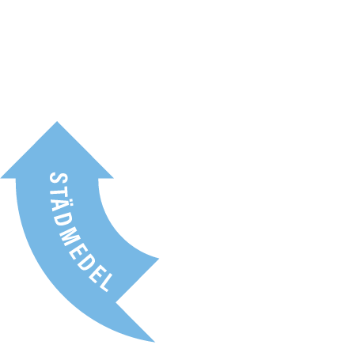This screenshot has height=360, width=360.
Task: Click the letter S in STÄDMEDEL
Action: [59, 177]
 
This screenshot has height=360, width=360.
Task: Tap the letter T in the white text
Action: [59, 190]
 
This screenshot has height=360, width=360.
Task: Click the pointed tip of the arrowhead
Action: [57, 121]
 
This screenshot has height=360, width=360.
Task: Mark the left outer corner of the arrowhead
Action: [1, 178]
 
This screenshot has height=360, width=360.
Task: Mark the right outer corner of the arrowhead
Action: [113, 178]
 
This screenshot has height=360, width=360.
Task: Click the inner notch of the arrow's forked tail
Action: [116, 302]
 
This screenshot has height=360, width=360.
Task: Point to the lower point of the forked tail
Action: [154, 342]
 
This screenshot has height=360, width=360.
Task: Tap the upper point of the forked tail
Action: [159, 259]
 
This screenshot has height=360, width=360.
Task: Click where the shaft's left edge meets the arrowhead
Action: [16, 179]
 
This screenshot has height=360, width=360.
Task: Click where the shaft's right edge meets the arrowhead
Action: [98, 179]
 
